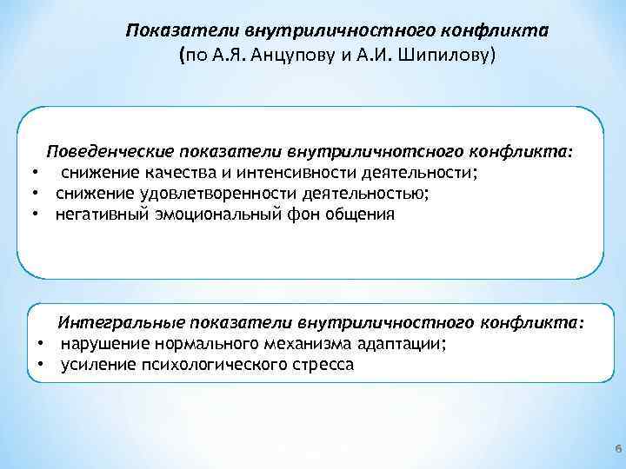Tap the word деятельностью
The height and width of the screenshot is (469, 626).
[361, 192]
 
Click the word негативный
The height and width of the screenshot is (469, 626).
[97, 214]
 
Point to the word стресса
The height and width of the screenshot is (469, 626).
[321, 365]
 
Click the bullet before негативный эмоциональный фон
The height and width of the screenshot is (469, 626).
[35, 214]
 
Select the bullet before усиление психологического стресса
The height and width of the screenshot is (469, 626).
[40, 365]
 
